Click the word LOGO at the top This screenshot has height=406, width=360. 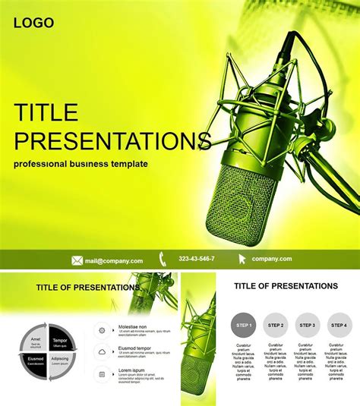click(33, 23)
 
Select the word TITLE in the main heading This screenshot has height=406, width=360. click(46, 113)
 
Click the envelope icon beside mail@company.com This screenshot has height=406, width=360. click(77, 260)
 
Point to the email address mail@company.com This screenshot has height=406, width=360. click(111, 260)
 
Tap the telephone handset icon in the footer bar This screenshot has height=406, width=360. click(163, 259)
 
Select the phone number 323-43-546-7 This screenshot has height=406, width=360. click(197, 260)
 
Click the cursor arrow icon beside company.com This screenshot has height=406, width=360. click(242, 259)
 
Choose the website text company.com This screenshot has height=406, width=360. click(272, 260)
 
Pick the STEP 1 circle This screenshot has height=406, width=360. click(243, 325)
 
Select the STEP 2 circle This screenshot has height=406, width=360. click(276, 325)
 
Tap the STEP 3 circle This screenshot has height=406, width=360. click(308, 325)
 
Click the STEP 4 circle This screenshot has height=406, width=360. click(339, 325)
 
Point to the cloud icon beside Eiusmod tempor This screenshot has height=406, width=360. click(102, 351)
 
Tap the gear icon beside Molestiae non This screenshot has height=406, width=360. click(102, 329)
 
